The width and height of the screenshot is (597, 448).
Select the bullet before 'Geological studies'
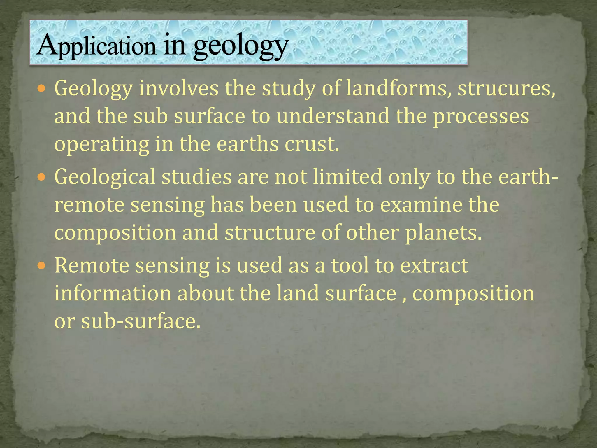42,176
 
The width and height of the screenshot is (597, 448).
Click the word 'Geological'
105,177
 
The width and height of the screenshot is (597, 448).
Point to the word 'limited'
347,176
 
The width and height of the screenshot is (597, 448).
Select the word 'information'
113,293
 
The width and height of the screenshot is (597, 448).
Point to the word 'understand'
333,116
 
